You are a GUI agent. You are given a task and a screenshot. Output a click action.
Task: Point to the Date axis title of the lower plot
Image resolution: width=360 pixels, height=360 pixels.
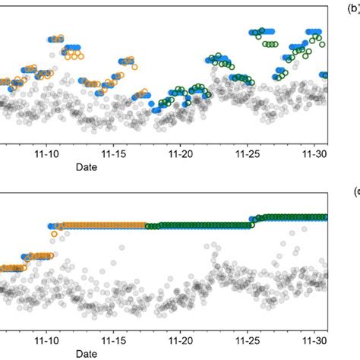(85, 354)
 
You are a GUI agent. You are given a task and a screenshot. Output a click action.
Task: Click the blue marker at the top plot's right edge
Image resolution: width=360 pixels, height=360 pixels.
(324, 75)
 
